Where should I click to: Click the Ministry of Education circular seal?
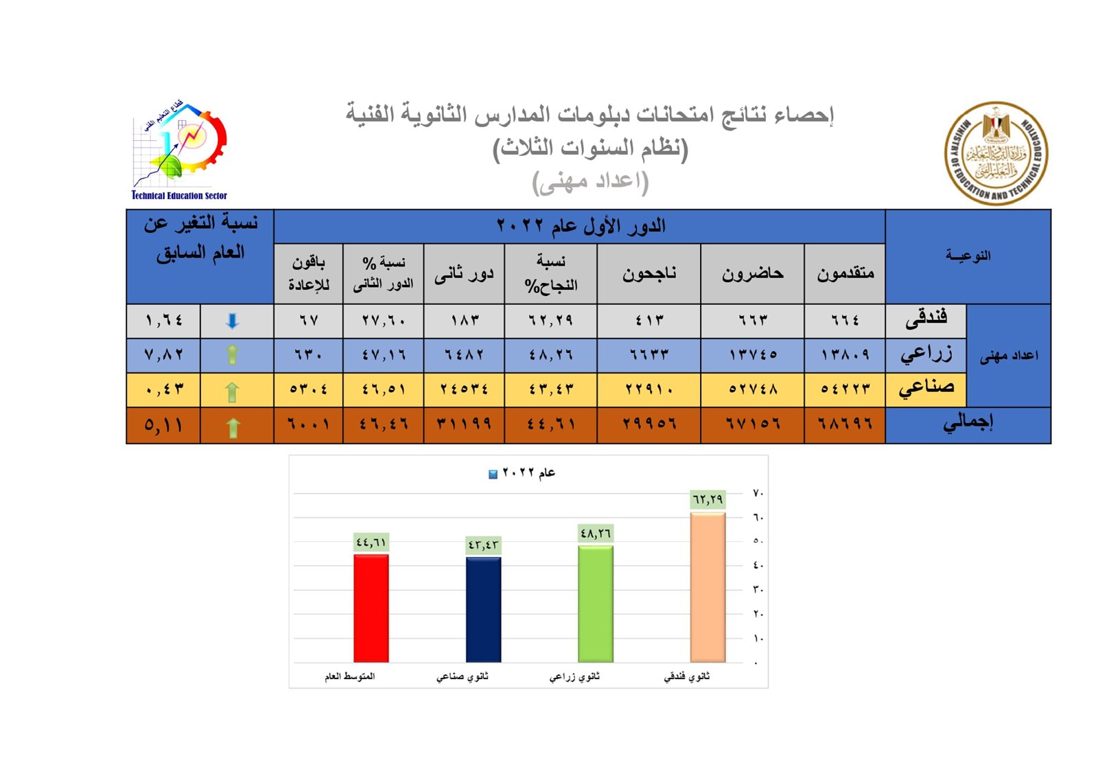coord(996,153)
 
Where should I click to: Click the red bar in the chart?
coord(371,608)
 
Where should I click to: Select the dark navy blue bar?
coord(483,609)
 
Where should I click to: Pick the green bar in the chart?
coord(596,604)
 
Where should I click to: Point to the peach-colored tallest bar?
coord(708,587)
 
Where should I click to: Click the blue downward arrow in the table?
coord(233,321)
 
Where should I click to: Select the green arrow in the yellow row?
coord(232,391)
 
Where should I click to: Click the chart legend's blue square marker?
coord(493,474)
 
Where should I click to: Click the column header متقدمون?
coord(845,273)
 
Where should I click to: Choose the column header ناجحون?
coord(649,273)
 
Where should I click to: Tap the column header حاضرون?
coord(752,273)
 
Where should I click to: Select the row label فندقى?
coord(926,318)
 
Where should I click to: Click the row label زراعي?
coord(926,354)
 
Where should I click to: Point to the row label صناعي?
coord(926,388)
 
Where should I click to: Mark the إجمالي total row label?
coord(968,423)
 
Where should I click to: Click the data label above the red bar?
coord(371,543)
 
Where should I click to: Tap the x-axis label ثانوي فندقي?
coord(687,677)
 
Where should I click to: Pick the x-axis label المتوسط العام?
coord(350,677)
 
